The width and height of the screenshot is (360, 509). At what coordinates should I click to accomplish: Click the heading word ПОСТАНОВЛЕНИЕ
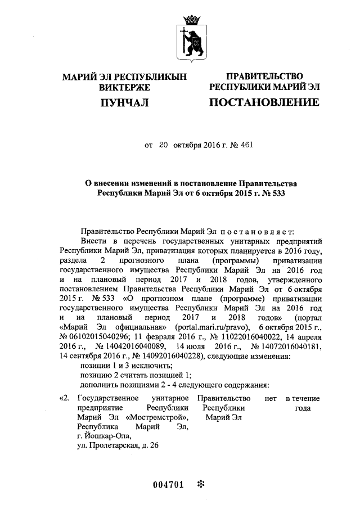pos(264,102)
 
